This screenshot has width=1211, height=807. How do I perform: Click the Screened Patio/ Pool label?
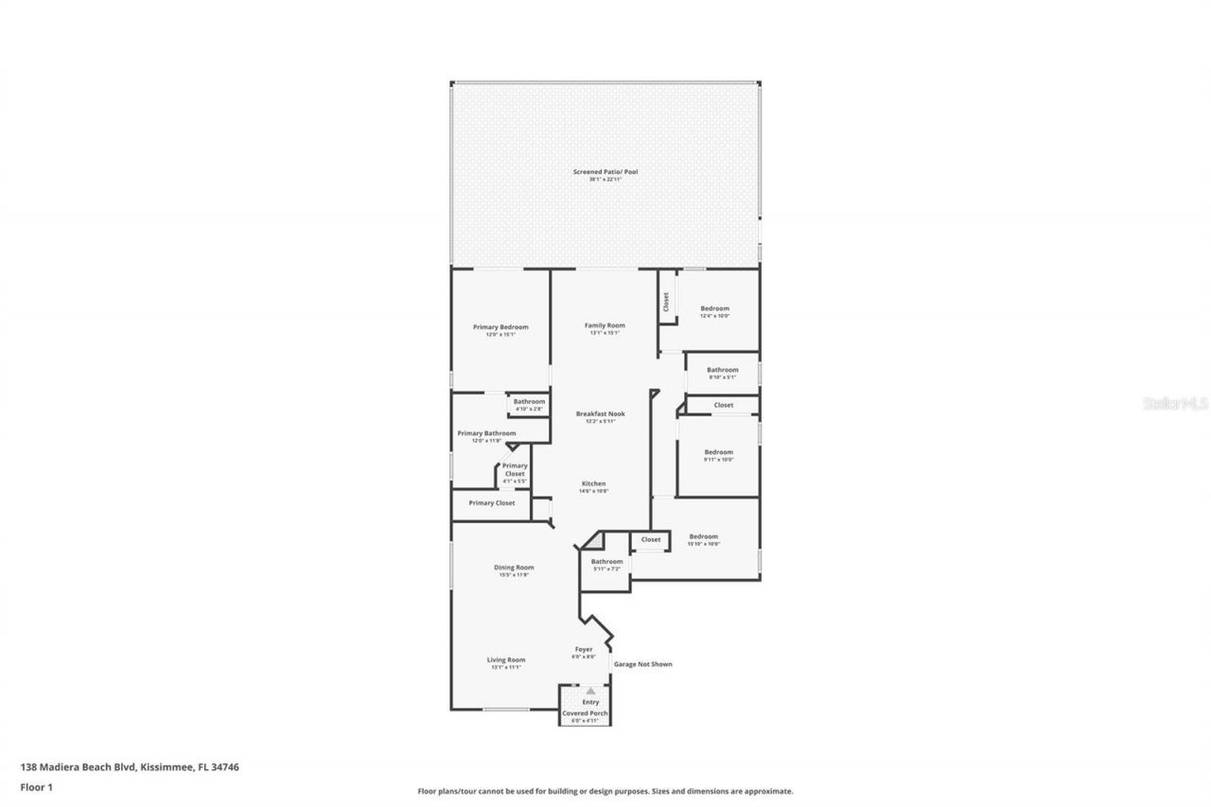tap(605, 172)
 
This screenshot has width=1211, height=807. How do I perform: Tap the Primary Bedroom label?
tap(500, 327)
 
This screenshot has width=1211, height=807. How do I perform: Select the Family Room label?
tap(605, 325)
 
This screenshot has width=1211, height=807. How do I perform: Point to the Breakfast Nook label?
tap(601, 413)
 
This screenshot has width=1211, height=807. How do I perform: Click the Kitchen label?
tap(593, 483)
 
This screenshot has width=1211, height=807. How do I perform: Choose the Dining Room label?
tap(514, 568)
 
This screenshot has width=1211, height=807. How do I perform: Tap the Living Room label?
tap(506, 660)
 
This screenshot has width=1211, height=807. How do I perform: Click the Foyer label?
tap(584, 650)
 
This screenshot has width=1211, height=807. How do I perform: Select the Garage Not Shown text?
tap(642, 664)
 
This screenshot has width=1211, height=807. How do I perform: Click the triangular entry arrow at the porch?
tap(590, 692)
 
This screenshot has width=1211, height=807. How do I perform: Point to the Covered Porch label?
tap(585, 713)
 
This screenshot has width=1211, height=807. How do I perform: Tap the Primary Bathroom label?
tap(486, 433)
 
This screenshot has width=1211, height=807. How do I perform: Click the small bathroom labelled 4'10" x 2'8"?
tap(529, 402)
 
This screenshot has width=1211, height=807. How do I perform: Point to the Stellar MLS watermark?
tap(1175, 403)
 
